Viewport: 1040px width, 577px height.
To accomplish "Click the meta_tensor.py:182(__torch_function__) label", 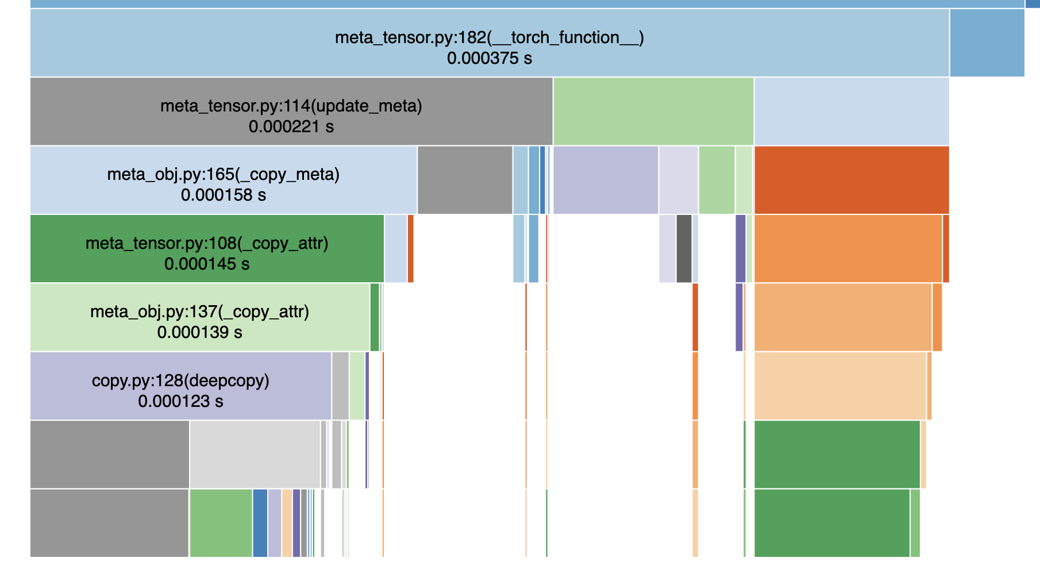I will coord(489,38).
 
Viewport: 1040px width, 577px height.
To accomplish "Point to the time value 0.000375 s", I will coord(489,59).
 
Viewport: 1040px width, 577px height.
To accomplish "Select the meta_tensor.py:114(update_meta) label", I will coord(291,106).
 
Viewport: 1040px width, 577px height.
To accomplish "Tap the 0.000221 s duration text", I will coord(291,127).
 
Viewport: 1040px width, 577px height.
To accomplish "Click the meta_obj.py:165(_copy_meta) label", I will coord(223,175).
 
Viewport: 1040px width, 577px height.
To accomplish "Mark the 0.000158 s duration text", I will coord(223,195).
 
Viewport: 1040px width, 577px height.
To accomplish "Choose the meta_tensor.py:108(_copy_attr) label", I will coord(207,244).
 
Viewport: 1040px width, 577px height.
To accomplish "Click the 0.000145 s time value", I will coord(207,264).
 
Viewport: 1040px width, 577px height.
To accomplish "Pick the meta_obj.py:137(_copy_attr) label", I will coord(199,312).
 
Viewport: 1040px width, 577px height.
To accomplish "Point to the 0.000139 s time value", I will coord(199,333).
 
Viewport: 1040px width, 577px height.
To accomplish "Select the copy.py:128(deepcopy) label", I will coord(180,381).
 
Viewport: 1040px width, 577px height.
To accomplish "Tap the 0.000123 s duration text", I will coord(180,402).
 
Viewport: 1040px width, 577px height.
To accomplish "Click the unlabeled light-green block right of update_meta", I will coord(653,111).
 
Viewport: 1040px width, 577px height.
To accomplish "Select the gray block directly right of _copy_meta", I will coord(464,180).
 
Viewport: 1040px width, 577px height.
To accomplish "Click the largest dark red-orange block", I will coord(851,180).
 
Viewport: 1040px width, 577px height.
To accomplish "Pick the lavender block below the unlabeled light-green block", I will coord(605,180).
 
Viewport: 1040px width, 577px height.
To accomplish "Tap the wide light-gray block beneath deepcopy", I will coord(255,454).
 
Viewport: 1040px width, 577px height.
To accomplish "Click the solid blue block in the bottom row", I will coord(260,523).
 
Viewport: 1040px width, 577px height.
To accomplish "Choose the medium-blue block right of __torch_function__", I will coord(987,43).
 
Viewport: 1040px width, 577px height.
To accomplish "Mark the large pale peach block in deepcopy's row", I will coord(839,386).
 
